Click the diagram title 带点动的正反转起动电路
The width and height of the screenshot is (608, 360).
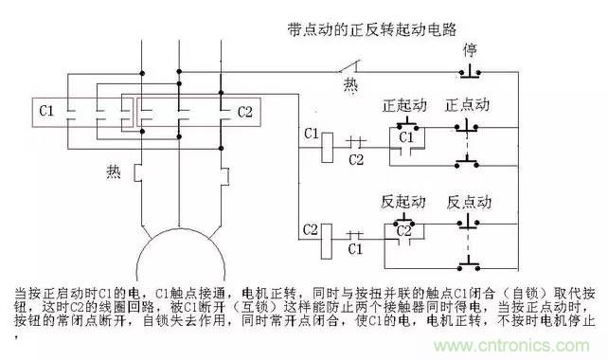pyautogui.click(x=371, y=29)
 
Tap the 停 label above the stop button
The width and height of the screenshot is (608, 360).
pyautogui.click(x=470, y=50)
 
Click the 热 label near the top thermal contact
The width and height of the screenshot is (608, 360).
pyautogui.click(x=350, y=85)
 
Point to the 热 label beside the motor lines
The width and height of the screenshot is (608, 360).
pyautogui.click(x=114, y=171)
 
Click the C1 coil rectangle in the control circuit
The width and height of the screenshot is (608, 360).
pyautogui.click(x=328, y=148)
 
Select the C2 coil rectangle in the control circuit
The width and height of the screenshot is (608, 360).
pyautogui.click(x=327, y=242)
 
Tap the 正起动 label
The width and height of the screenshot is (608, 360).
pyautogui.click(x=404, y=105)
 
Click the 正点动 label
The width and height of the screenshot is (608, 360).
pyautogui.click(x=467, y=105)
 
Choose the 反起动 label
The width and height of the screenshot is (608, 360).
pyautogui.click(x=403, y=202)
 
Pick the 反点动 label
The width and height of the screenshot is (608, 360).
pyautogui.click(x=469, y=202)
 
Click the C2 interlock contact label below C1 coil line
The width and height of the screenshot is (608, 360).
pyautogui.click(x=356, y=159)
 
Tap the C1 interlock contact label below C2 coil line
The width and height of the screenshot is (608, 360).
pyautogui.click(x=355, y=248)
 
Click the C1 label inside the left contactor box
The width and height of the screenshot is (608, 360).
pyautogui.click(x=46, y=112)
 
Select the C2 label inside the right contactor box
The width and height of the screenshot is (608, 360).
pyautogui.click(x=244, y=113)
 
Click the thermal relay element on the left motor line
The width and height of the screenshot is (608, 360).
pyautogui.click(x=138, y=173)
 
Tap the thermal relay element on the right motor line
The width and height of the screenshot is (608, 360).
pyautogui.click(x=224, y=176)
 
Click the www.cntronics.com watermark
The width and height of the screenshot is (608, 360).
pyautogui.click(x=511, y=345)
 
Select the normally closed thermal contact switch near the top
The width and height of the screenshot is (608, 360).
pyautogui.click(x=349, y=67)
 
